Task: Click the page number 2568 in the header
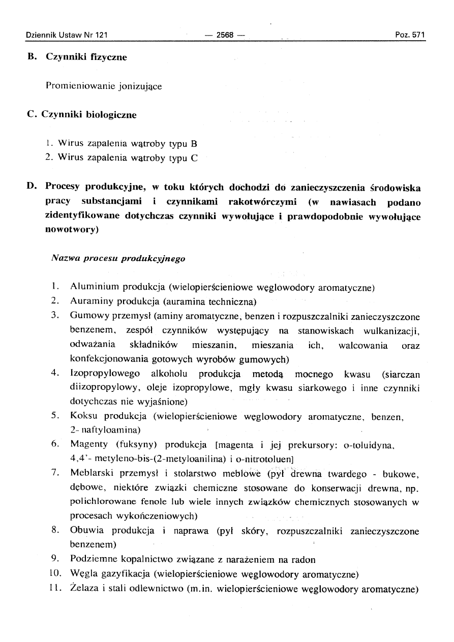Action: tap(224, 35)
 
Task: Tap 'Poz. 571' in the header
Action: tap(410, 35)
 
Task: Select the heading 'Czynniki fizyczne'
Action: tap(86, 57)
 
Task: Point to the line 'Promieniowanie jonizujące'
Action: tap(104, 86)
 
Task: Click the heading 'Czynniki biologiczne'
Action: tap(91, 115)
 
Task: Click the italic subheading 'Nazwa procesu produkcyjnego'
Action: tap(118, 258)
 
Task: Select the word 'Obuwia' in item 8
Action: tap(86, 531)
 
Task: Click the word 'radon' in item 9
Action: tap(304, 560)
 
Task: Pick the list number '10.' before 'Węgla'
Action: tap(57, 575)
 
